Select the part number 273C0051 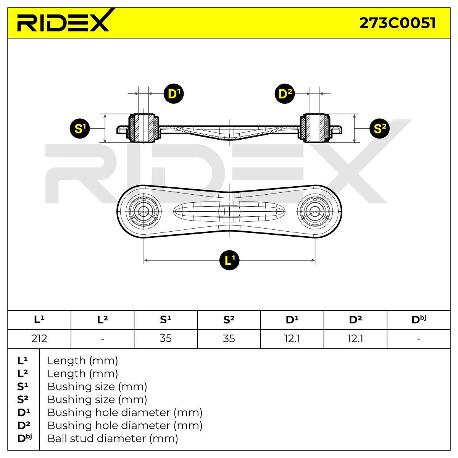pos(397,23)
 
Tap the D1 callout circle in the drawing pos(174,94)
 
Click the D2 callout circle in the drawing pos(284,94)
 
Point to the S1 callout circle pos(80,129)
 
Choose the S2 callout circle pos(379,129)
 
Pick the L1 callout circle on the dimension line pos(229,260)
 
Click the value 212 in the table pos(39,339)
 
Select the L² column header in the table pos(102,320)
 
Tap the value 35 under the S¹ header pos(166,339)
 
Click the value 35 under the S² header pos(229,339)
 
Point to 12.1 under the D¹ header pos(292,339)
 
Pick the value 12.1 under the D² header pos(355,339)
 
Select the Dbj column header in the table pos(419,320)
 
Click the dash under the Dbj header pos(419,339)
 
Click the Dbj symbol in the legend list pos(24,439)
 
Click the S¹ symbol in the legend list pos(23,387)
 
